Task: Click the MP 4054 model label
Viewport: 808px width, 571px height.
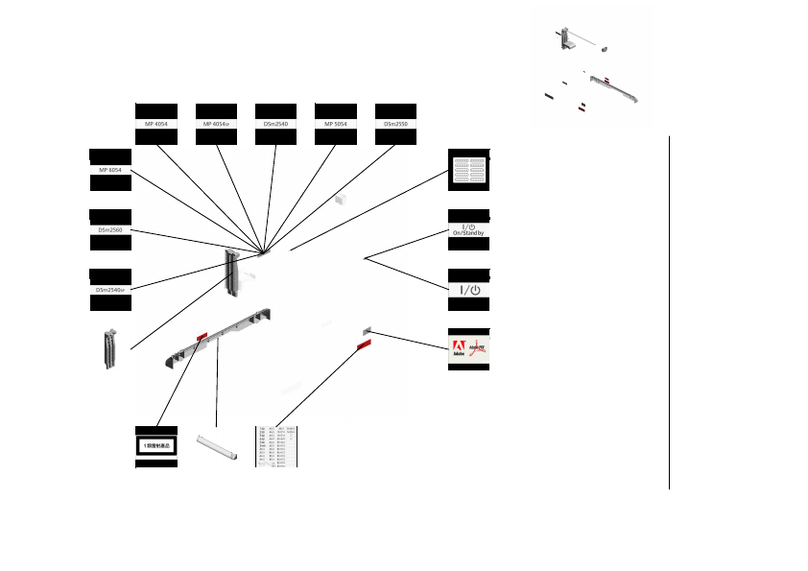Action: click(x=156, y=124)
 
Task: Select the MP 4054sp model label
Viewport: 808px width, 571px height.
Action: click(x=216, y=124)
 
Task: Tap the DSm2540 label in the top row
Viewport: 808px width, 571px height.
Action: click(x=275, y=124)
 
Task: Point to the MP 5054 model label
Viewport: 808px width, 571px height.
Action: click(x=335, y=124)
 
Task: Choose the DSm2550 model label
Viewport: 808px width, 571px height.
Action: click(x=395, y=124)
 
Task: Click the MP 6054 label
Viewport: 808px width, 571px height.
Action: click(x=109, y=170)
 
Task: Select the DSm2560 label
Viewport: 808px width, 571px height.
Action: click(x=109, y=230)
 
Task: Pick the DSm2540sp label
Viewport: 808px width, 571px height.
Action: click(x=110, y=289)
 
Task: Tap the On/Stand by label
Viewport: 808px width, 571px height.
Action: click(x=469, y=229)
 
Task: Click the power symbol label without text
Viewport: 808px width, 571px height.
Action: click(x=469, y=289)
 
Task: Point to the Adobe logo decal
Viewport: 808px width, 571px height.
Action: click(x=469, y=349)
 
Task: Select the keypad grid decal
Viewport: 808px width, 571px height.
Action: click(x=469, y=170)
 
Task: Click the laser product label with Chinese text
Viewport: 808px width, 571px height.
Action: click(x=156, y=446)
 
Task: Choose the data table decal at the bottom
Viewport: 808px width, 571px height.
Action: click(x=275, y=446)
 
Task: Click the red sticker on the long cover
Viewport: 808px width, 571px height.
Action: click(x=202, y=335)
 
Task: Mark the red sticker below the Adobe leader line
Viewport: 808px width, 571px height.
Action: click(x=365, y=344)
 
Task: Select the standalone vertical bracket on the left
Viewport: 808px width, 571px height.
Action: click(x=110, y=349)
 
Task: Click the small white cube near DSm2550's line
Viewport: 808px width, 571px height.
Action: click(x=340, y=200)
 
